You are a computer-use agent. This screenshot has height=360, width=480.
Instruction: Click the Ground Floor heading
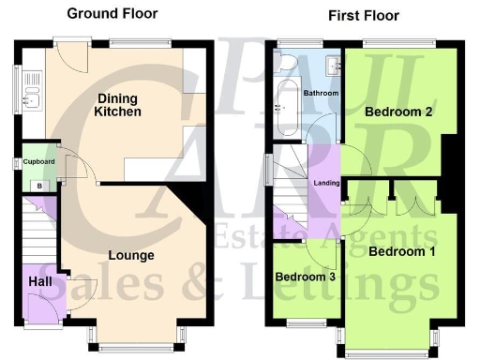112,13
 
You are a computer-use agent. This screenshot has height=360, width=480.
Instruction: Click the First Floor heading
363,15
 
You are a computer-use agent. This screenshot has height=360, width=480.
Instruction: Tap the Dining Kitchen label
117,104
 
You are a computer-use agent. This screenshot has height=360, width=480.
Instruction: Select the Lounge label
131,254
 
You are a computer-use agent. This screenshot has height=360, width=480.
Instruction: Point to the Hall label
40,280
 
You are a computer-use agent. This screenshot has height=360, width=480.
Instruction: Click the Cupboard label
38,161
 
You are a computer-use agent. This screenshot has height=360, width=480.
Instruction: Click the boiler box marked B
38,186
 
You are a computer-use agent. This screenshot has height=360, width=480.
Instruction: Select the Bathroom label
322,94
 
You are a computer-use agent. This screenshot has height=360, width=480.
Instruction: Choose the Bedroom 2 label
398,112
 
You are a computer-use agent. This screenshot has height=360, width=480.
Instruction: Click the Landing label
326,182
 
